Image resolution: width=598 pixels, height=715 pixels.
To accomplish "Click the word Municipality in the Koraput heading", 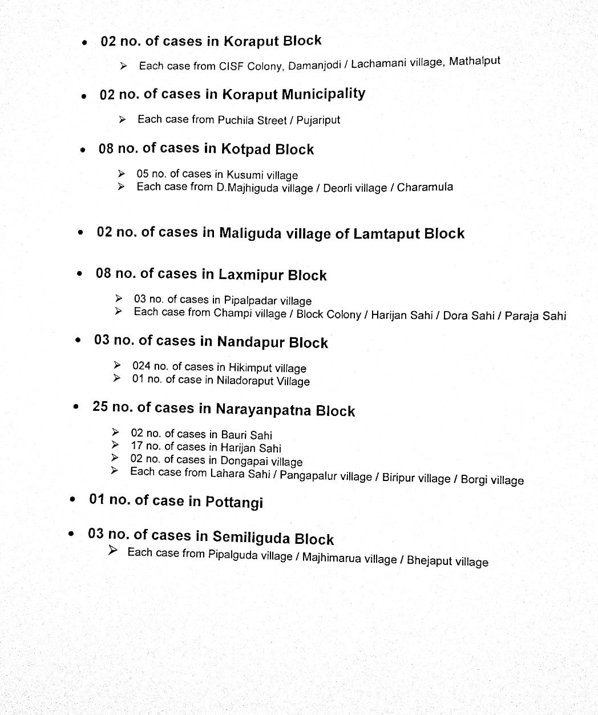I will (x=323, y=94).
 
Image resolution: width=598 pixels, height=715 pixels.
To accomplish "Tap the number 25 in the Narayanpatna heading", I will (x=100, y=407).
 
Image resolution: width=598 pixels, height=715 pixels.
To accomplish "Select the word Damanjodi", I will (x=314, y=65).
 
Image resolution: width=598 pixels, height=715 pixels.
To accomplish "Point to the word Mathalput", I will (x=474, y=61).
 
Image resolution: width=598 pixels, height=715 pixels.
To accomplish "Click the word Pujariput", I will (x=318, y=120).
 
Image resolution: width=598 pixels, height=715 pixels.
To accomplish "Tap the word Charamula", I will (x=425, y=187).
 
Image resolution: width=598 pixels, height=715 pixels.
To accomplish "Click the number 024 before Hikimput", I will (x=141, y=366).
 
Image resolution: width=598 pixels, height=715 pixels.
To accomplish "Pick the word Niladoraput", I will (x=245, y=381).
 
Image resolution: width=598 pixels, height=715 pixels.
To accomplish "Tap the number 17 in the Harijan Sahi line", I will (x=137, y=446).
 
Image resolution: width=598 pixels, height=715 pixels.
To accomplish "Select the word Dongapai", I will (x=244, y=460).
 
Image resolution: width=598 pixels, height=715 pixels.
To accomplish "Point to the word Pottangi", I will (x=234, y=502).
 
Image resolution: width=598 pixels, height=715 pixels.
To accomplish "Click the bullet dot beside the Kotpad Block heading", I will (x=83, y=151).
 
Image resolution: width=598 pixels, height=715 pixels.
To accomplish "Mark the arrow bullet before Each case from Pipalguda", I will (x=113, y=551).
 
